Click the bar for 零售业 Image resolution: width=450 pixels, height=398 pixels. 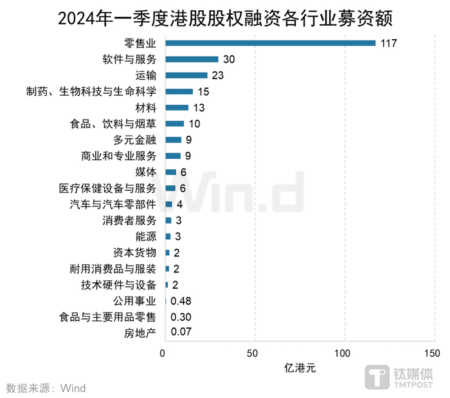[x=270, y=43]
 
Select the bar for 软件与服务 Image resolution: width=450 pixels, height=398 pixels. [x=192, y=59]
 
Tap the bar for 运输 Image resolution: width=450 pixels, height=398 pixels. [x=186, y=75]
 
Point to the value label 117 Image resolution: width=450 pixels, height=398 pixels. [x=388, y=43]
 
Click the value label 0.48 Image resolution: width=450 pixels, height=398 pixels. [x=181, y=301]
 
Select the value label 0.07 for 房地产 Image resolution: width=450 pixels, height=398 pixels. [x=181, y=333]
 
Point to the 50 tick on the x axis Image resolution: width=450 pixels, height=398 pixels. [x=255, y=354]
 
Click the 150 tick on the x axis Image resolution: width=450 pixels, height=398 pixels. [x=433, y=354]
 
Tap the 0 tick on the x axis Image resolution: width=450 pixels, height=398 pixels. [x=165, y=354]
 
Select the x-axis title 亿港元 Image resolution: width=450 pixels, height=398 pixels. [x=300, y=370]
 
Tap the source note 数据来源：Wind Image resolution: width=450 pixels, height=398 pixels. [x=46, y=388]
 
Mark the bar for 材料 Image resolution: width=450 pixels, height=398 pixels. [x=177, y=107]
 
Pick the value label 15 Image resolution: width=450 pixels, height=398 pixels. [x=204, y=91]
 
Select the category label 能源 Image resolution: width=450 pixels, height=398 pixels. [x=145, y=237]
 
